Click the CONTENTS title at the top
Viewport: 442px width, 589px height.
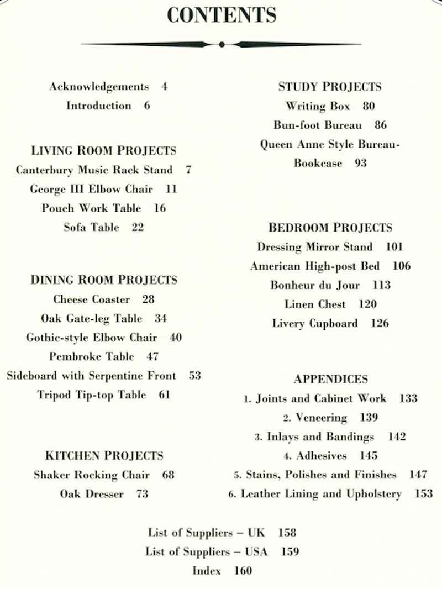click(x=221, y=15)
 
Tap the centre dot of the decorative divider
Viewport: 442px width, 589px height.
click(x=221, y=44)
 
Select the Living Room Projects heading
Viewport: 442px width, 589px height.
click(x=103, y=150)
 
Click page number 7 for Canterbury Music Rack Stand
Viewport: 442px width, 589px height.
click(x=188, y=170)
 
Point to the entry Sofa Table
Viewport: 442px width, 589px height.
click(x=91, y=227)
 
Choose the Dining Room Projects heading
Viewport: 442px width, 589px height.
click(x=103, y=280)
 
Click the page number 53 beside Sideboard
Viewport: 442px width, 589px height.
click(x=194, y=376)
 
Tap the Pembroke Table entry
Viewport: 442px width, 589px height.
click(x=92, y=356)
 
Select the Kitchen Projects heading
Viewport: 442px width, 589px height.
click(x=104, y=455)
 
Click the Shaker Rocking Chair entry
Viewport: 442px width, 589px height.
click(x=92, y=475)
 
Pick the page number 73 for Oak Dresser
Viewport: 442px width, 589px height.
click(x=143, y=494)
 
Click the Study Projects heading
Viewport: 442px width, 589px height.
click(x=329, y=86)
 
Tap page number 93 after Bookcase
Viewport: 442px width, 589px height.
click(x=361, y=164)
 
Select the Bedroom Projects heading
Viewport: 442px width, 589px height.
click(x=330, y=227)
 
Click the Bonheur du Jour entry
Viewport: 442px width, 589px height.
click(x=315, y=285)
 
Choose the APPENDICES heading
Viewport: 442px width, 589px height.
click(x=330, y=379)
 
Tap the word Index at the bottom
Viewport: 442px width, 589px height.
click(x=207, y=571)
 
